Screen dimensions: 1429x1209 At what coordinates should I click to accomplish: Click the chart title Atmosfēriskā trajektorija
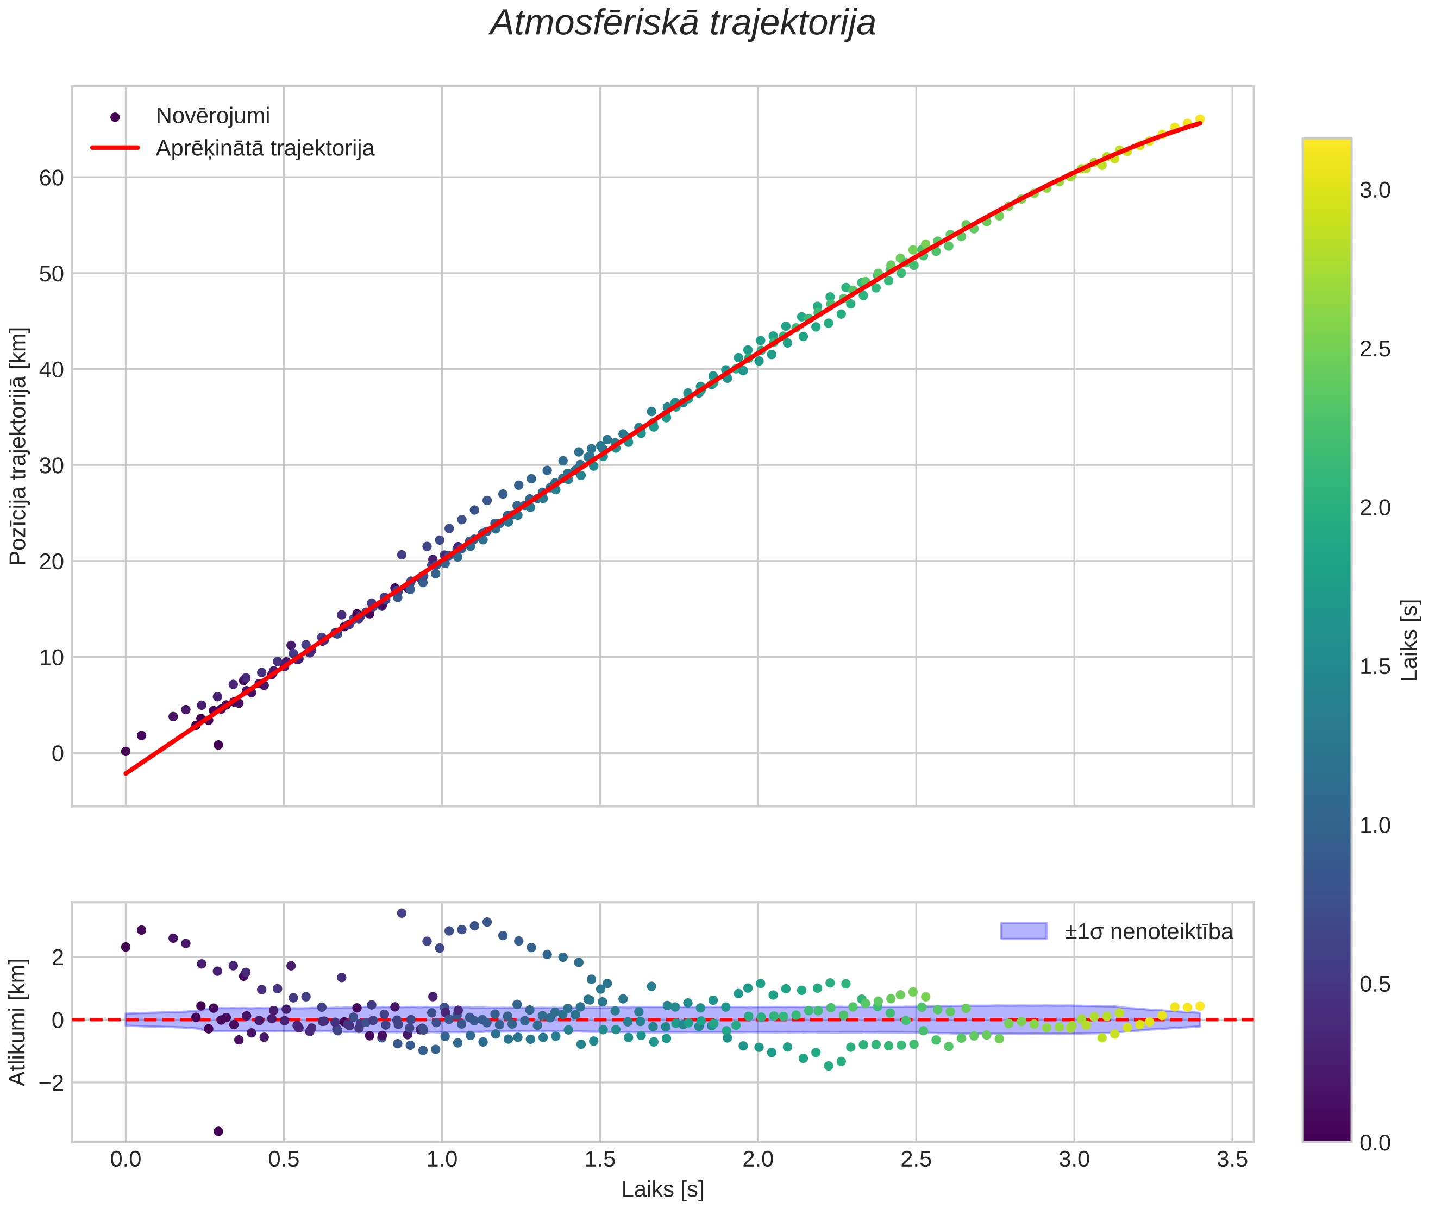point(682,23)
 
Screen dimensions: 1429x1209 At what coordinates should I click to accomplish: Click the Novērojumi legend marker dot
point(115,117)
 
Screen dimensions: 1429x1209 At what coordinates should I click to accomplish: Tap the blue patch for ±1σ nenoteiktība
point(1023,931)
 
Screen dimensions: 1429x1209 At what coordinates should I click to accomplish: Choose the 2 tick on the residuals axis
point(58,957)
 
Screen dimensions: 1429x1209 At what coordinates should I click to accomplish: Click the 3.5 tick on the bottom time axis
point(1232,1160)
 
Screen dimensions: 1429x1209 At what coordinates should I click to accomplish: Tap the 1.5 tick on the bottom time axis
point(600,1160)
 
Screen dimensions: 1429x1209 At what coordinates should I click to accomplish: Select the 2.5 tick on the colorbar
point(1375,349)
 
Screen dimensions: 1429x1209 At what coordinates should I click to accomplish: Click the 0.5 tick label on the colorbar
point(1375,984)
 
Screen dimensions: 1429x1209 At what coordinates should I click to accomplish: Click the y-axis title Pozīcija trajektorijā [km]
point(18,446)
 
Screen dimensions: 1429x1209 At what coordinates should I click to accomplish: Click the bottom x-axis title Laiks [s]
point(662,1190)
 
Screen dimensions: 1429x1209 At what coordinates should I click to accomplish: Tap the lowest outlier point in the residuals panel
point(218,1131)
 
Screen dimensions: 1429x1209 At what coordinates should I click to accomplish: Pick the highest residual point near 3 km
point(402,913)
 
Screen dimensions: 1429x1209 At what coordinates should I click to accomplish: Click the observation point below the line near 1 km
point(218,744)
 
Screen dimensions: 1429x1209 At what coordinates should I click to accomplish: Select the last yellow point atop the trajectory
point(1200,118)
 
